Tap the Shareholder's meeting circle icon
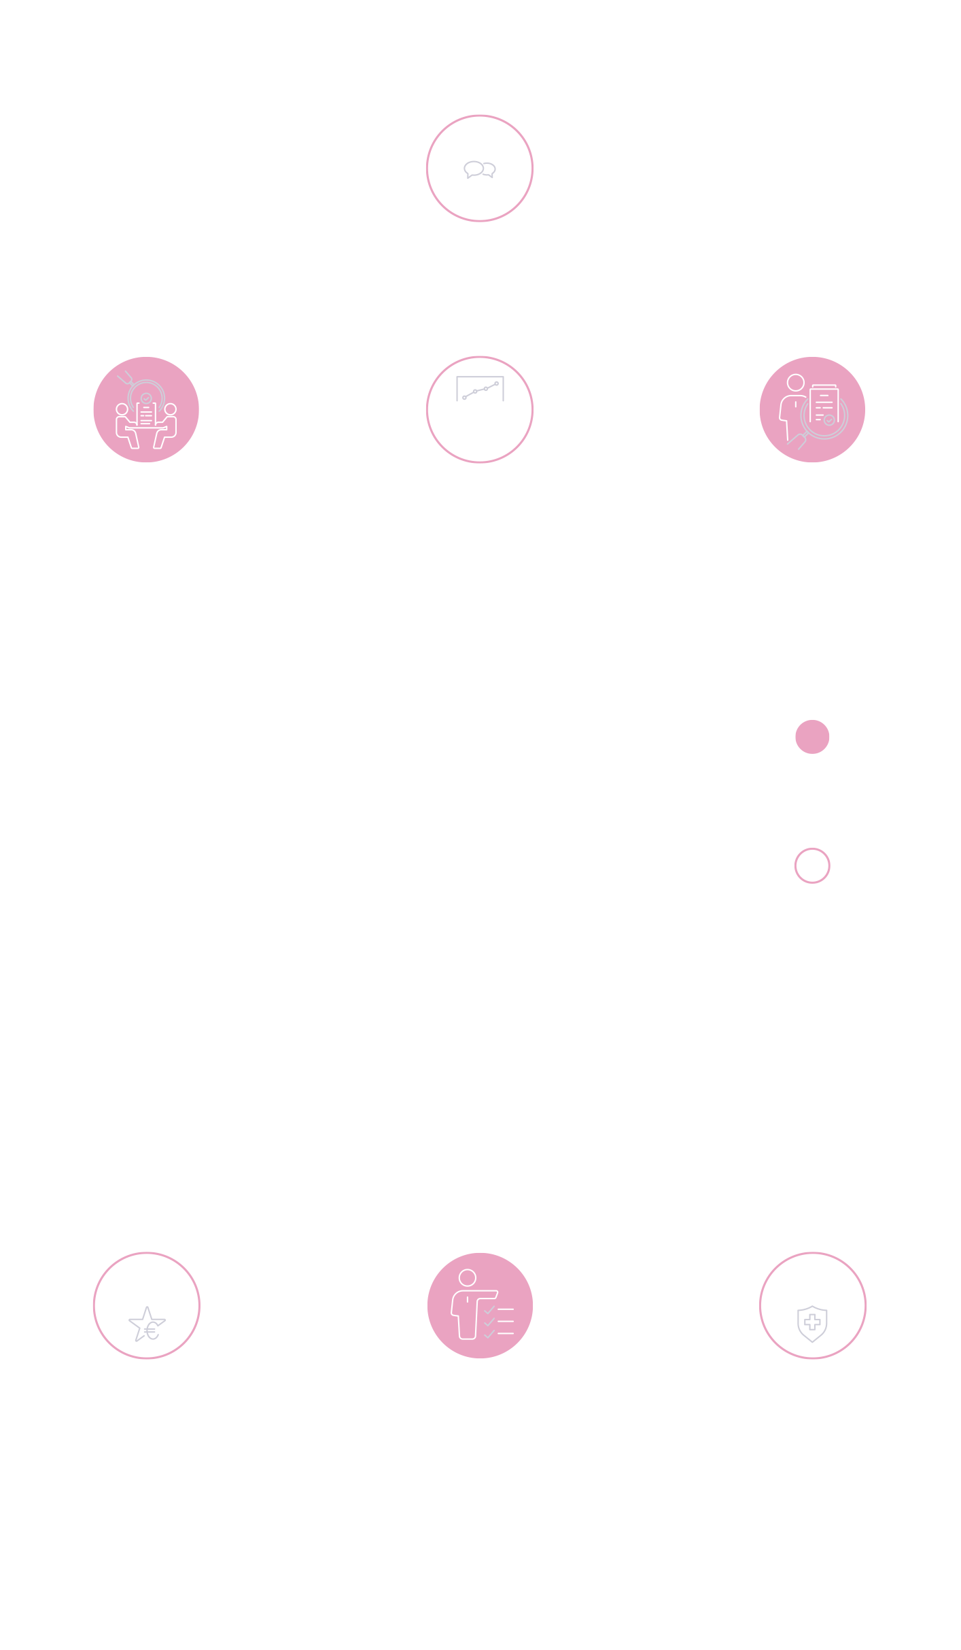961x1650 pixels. point(480,168)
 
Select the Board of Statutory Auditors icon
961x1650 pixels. point(146,409)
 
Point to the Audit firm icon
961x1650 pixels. point(812,409)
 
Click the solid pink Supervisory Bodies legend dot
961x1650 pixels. point(812,737)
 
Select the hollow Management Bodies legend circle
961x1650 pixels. point(812,865)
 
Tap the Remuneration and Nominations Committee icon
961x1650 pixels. point(146,1305)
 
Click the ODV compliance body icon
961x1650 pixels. point(480,1305)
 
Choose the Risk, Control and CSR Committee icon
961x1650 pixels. point(812,1305)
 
